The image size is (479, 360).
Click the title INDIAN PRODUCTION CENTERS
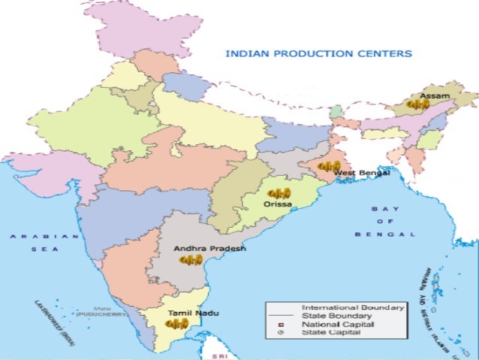[x=318, y=54]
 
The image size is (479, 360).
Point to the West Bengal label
[x=362, y=173]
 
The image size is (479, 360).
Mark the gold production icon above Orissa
[x=279, y=194]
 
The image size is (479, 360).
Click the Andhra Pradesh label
[x=209, y=247]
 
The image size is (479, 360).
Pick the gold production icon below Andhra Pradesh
[x=191, y=259]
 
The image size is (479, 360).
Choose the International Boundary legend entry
[x=352, y=307]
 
